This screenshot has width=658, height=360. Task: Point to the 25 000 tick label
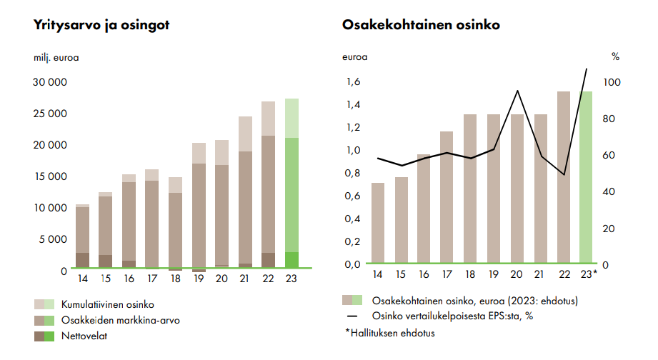[51, 114]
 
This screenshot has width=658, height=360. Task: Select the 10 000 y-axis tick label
[51, 208]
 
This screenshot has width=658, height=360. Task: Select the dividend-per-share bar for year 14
[377, 223]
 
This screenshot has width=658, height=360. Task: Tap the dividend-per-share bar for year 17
[447, 197]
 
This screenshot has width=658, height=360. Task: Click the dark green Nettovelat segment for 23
[291, 260]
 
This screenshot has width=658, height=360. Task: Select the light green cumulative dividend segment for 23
[291, 118]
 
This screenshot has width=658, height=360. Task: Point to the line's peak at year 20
[517, 91]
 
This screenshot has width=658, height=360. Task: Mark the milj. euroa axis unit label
[56, 57]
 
